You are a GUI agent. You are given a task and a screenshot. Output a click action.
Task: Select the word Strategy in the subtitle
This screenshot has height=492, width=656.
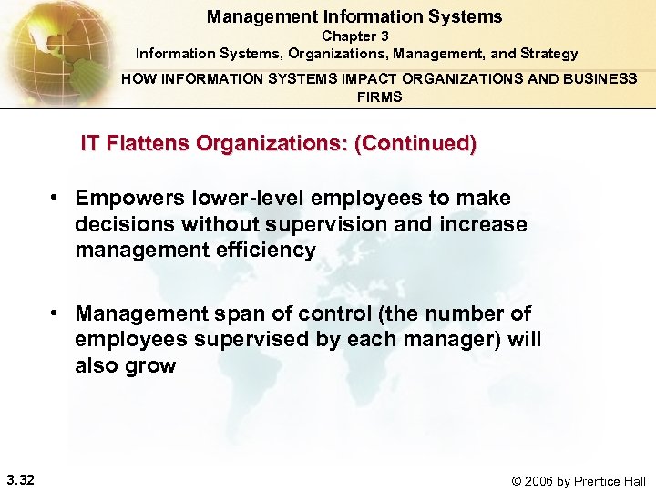click(x=548, y=54)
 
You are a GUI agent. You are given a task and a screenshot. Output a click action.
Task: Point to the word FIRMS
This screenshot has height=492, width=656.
click(x=379, y=97)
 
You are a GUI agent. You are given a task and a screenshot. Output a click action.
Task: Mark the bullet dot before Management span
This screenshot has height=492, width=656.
click(x=56, y=313)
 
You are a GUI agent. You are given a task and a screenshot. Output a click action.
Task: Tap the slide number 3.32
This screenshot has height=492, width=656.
click(x=20, y=479)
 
